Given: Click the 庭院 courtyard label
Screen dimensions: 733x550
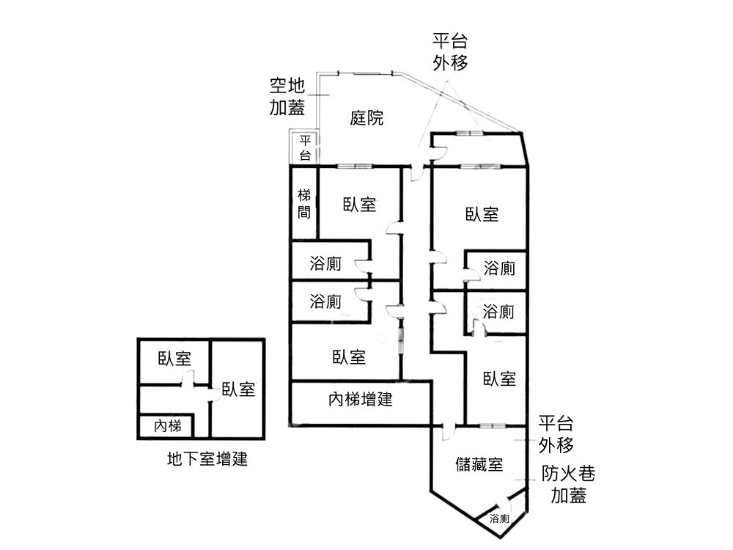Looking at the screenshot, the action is [x=366, y=117].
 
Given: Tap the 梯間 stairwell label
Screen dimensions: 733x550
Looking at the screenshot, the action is [x=304, y=204].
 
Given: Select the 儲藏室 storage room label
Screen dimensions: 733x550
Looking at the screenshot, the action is [x=479, y=464].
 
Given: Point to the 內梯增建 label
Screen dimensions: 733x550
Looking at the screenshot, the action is [x=361, y=400].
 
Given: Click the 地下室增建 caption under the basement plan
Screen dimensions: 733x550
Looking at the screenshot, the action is [x=207, y=459].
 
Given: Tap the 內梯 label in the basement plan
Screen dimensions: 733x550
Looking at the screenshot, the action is [x=167, y=426].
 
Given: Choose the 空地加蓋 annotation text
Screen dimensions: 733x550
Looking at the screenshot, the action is [x=287, y=96].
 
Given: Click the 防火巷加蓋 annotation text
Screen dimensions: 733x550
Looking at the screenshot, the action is [x=569, y=485].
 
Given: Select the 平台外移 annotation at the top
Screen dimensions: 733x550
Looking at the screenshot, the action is [x=450, y=51].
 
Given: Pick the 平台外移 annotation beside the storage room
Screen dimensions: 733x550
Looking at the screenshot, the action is [x=556, y=434].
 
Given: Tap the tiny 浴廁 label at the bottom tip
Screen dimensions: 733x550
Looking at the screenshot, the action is [x=499, y=518].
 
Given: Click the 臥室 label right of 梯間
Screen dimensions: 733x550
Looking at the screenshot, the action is [x=359, y=205].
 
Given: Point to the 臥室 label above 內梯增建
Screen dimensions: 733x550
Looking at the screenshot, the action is [x=349, y=357].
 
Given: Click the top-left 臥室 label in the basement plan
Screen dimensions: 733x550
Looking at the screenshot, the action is [x=174, y=359].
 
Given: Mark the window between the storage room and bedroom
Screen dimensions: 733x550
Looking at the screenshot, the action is [x=493, y=425].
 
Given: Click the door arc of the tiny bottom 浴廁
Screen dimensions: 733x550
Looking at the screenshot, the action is [x=504, y=503].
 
